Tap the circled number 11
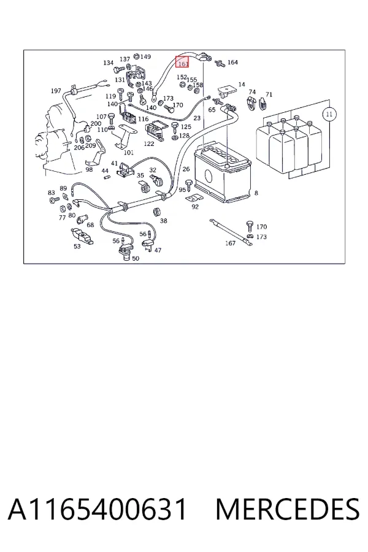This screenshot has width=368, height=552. tap(329, 114)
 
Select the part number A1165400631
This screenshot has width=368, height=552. tap(97, 509)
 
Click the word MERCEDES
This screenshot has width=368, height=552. tap(288, 509)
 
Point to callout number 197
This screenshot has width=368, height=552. tap(56, 91)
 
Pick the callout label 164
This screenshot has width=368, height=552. tap(233, 62)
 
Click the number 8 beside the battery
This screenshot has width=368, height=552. tap(256, 193)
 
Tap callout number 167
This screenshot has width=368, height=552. tap(231, 243)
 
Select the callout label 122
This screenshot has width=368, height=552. tap(149, 144)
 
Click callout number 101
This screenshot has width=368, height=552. tap(129, 153)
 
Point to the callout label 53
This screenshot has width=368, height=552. tap(77, 247)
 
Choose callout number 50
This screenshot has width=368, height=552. tap(136, 258)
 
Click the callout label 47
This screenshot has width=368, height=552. tap(158, 250)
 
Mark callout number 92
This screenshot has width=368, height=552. tap(195, 207)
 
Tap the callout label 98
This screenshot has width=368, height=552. tap(89, 170)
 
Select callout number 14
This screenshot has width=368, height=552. tap(242, 85)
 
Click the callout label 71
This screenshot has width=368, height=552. tap(269, 94)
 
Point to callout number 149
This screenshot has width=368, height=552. tap(145, 56)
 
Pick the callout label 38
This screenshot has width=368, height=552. tap(163, 221)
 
